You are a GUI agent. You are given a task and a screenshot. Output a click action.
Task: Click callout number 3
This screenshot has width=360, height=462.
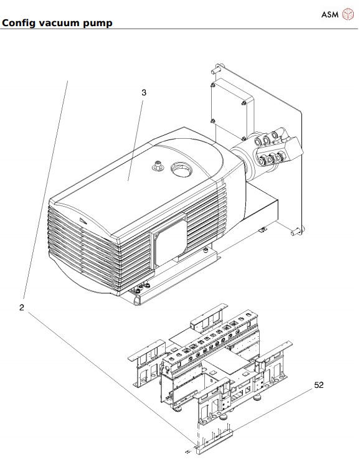click(144, 93)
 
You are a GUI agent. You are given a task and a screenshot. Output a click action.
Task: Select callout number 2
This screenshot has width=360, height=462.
click(21, 308)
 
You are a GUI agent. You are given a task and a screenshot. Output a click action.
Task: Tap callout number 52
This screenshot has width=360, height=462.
click(319, 385)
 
